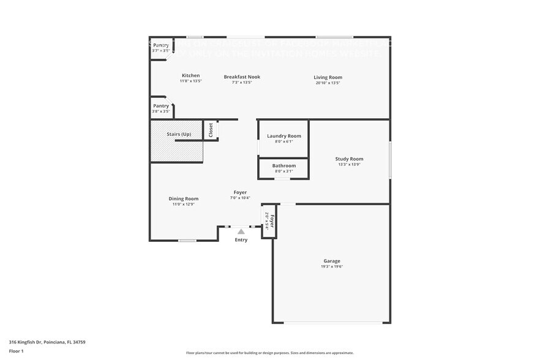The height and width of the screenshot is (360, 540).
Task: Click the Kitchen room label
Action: pyautogui.click(x=190, y=76)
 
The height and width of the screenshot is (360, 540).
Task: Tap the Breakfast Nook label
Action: pyautogui.click(x=242, y=77)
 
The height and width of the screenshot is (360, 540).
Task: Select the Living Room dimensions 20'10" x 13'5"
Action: pyautogui.click(x=328, y=83)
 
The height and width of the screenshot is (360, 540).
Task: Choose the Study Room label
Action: pyautogui.click(x=349, y=159)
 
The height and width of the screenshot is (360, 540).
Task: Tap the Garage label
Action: pyautogui.click(x=332, y=261)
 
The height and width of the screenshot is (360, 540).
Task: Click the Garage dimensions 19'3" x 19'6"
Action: pyautogui.click(x=332, y=266)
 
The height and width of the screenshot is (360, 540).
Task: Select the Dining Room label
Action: pyautogui.click(x=184, y=198)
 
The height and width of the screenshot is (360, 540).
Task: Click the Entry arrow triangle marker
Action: pyautogui.click(x=241, y=231)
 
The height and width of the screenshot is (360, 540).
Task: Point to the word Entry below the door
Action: pyautogui.click(x=241, y=240)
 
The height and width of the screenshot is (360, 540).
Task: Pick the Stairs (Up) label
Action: pyautogui.click(x=179, y=134)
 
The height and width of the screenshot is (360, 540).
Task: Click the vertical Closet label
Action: pyautogui.click(x=211, y=129)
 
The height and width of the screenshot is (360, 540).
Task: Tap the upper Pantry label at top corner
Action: pyautogui.click(x=161, y=45)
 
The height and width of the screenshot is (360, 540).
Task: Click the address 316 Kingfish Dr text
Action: pyautogui.click(x=47, y=342)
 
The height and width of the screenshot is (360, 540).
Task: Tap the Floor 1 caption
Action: pyautogui.click(x=16, y=351)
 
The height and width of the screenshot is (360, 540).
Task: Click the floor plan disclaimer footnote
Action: pyautogui.click(x=269, y=353)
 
